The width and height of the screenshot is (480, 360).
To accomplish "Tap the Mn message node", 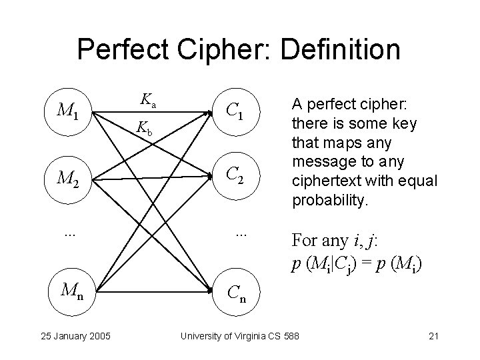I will (x=71, y=291).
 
